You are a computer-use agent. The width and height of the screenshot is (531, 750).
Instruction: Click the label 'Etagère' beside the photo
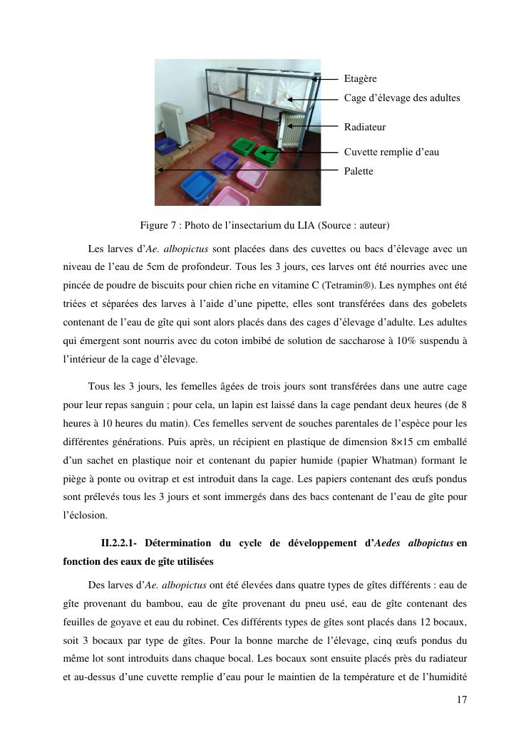360,79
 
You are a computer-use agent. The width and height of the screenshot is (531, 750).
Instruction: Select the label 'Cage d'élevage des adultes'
402,98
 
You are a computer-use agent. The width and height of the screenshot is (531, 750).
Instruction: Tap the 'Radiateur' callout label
365,127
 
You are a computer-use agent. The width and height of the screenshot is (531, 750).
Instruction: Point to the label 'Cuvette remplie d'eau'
391,152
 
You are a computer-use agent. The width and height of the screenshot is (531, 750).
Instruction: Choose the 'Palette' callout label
359,171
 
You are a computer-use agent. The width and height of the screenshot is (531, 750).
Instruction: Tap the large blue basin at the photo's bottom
198,184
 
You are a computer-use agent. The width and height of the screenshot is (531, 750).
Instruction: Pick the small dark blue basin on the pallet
165,146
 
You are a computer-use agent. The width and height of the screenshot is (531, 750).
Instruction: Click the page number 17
462,700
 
